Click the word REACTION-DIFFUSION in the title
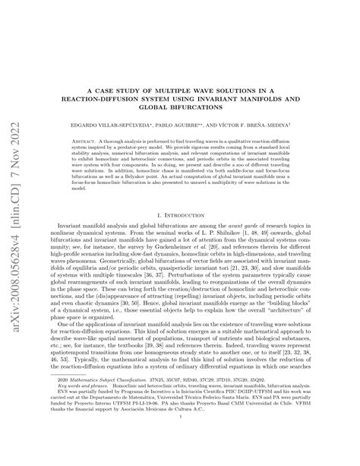tap(107, 98)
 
